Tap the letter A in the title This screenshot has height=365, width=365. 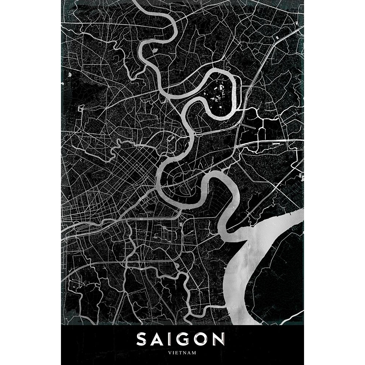pos(158,339)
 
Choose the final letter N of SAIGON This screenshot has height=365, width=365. pos(218,339)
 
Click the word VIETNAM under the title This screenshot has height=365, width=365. pos(182,353)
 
